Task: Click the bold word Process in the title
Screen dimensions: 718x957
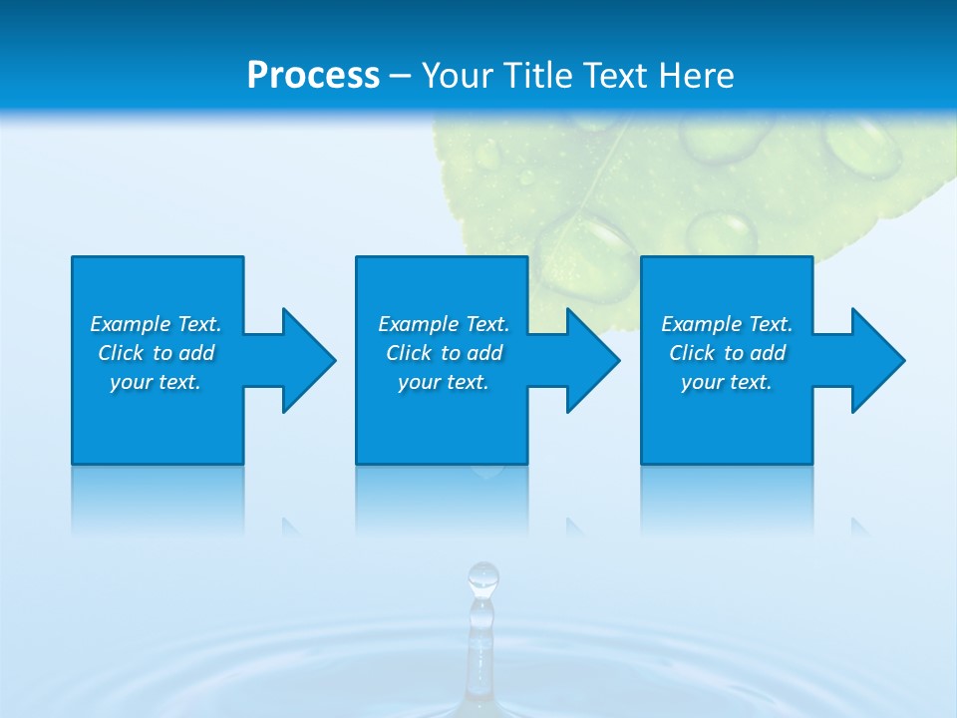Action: (x=313, y=76)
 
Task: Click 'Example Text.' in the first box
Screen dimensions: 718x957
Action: (x=156, y=324)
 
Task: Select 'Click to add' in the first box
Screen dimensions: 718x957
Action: (x=156, y=353)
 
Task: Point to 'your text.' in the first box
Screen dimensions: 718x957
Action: (x=156, y=382)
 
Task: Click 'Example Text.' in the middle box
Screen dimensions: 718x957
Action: (x=444, y=324)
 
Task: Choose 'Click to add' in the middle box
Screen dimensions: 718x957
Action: (x=444, y=353)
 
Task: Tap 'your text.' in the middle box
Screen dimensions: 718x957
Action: (x=444, y=382)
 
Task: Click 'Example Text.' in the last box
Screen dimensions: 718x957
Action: (x=727, y=324)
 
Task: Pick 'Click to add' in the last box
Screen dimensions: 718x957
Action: (x=727, y=353)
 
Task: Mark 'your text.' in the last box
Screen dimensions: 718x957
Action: (x=727, y=382)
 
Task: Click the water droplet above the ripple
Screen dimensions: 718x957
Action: (x=483, y=576)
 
